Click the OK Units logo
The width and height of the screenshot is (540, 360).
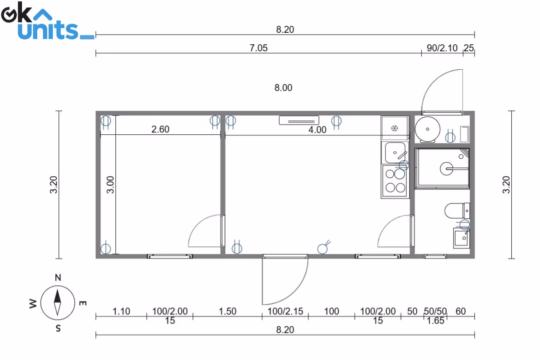tap(48, 21)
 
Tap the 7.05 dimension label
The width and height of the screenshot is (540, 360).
tap(258, 48)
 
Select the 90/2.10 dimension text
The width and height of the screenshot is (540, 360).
tap(442, 48)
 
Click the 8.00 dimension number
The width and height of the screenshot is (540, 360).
tap(283, 88)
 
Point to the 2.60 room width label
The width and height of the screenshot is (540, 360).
tap(160, 129)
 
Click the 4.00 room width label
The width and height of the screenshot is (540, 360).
tap(317, 130)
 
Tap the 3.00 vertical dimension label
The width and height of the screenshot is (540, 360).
tap(110, 185)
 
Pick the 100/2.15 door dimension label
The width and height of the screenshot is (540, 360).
tap(285, 312)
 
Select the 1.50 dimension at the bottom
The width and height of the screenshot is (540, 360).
tap(227, 312)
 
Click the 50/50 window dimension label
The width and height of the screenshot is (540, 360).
tap(435, 312)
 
